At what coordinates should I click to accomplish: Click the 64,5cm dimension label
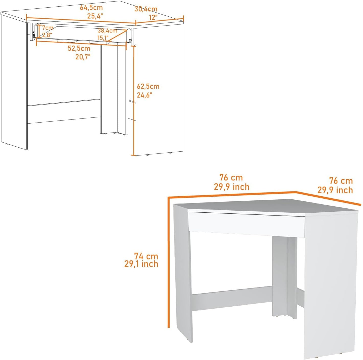91,7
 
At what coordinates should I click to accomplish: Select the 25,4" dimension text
95,16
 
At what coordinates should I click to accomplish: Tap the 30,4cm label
146,9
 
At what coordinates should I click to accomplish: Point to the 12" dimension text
153,17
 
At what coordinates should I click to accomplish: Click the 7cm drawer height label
48,28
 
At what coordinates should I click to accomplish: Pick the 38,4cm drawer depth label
107,31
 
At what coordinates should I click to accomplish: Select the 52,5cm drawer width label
79,48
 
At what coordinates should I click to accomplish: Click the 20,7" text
83,57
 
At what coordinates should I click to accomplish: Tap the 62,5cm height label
148,86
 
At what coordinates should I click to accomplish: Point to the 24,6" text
144,95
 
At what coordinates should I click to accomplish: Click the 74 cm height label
146,256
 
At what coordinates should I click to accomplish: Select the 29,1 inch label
141,264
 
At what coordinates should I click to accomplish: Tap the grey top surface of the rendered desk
256,205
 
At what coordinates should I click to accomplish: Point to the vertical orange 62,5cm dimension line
133,102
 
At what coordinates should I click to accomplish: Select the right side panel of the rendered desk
330,283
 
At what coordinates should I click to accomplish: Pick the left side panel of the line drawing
14,82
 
